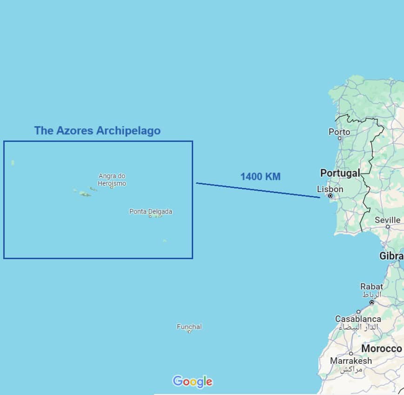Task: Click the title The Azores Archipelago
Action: pos(97,131)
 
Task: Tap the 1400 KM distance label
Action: pos(261,177)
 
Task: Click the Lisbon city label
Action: pos(330,189)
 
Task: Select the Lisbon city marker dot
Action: pos(330,196)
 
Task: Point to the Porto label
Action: pos(339,132)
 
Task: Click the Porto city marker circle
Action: pos(340,138)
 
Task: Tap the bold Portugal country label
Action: pos(340,173)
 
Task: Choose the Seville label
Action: pos(387,220)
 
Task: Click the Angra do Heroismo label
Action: pos(112,179)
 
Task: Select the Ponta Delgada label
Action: pos(151,212)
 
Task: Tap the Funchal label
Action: pos(189,327)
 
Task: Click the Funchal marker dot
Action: pos(189,332)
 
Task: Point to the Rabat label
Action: pos(371,287)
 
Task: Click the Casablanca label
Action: pos(358,319)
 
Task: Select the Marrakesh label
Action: pos(351,361)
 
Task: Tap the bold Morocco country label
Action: pos(381,348)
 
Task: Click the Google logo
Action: pos(192,382)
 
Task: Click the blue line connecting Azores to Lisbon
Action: pos(258,190)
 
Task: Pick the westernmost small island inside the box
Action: pos(13,163)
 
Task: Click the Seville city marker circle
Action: pos(388,227)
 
